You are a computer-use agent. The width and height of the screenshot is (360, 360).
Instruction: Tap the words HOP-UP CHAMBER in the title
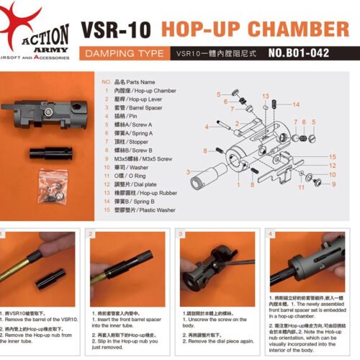(254, 30)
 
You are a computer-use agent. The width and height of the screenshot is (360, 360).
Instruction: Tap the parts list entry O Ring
(130, 175)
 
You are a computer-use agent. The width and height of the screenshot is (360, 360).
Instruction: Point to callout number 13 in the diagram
(266, 96)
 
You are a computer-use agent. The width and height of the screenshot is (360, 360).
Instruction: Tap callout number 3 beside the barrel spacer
(188, 172)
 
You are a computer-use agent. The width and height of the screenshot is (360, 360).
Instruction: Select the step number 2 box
(92, 234)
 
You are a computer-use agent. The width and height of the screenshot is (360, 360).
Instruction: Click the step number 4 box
(270, 234)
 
